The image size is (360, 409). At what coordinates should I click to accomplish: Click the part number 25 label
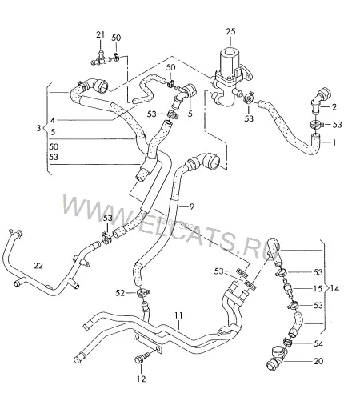(x=230, y=31)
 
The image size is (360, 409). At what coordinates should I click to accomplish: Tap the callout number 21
(x=101, y=34)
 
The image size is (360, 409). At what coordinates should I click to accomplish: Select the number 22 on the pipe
(x=38, y=266)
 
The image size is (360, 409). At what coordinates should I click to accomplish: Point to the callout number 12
(x=142, y=379)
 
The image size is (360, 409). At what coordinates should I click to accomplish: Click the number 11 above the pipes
(x=178, y=315)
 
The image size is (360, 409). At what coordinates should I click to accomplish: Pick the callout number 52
(x=120, y=293)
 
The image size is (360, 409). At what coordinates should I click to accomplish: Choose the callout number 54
(x=318, y=343)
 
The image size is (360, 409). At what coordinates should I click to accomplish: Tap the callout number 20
(x=318, y=361)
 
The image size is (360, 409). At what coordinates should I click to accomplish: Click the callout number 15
(x=318, y=288)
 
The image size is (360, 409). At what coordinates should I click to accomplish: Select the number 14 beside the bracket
(x=334, y=288)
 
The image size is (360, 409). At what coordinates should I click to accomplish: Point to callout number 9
(x=192, y=207)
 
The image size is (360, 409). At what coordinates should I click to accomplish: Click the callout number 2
(x=334, y=107)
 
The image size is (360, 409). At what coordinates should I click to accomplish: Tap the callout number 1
(x=334, y=142)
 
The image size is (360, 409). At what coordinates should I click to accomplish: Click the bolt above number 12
(x=142, y=359)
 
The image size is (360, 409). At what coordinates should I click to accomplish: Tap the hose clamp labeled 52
(x=142, y=294)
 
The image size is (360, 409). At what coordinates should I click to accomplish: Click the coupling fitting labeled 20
(x=276, y=359)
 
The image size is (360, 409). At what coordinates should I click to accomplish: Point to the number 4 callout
(x=53, y=121)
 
